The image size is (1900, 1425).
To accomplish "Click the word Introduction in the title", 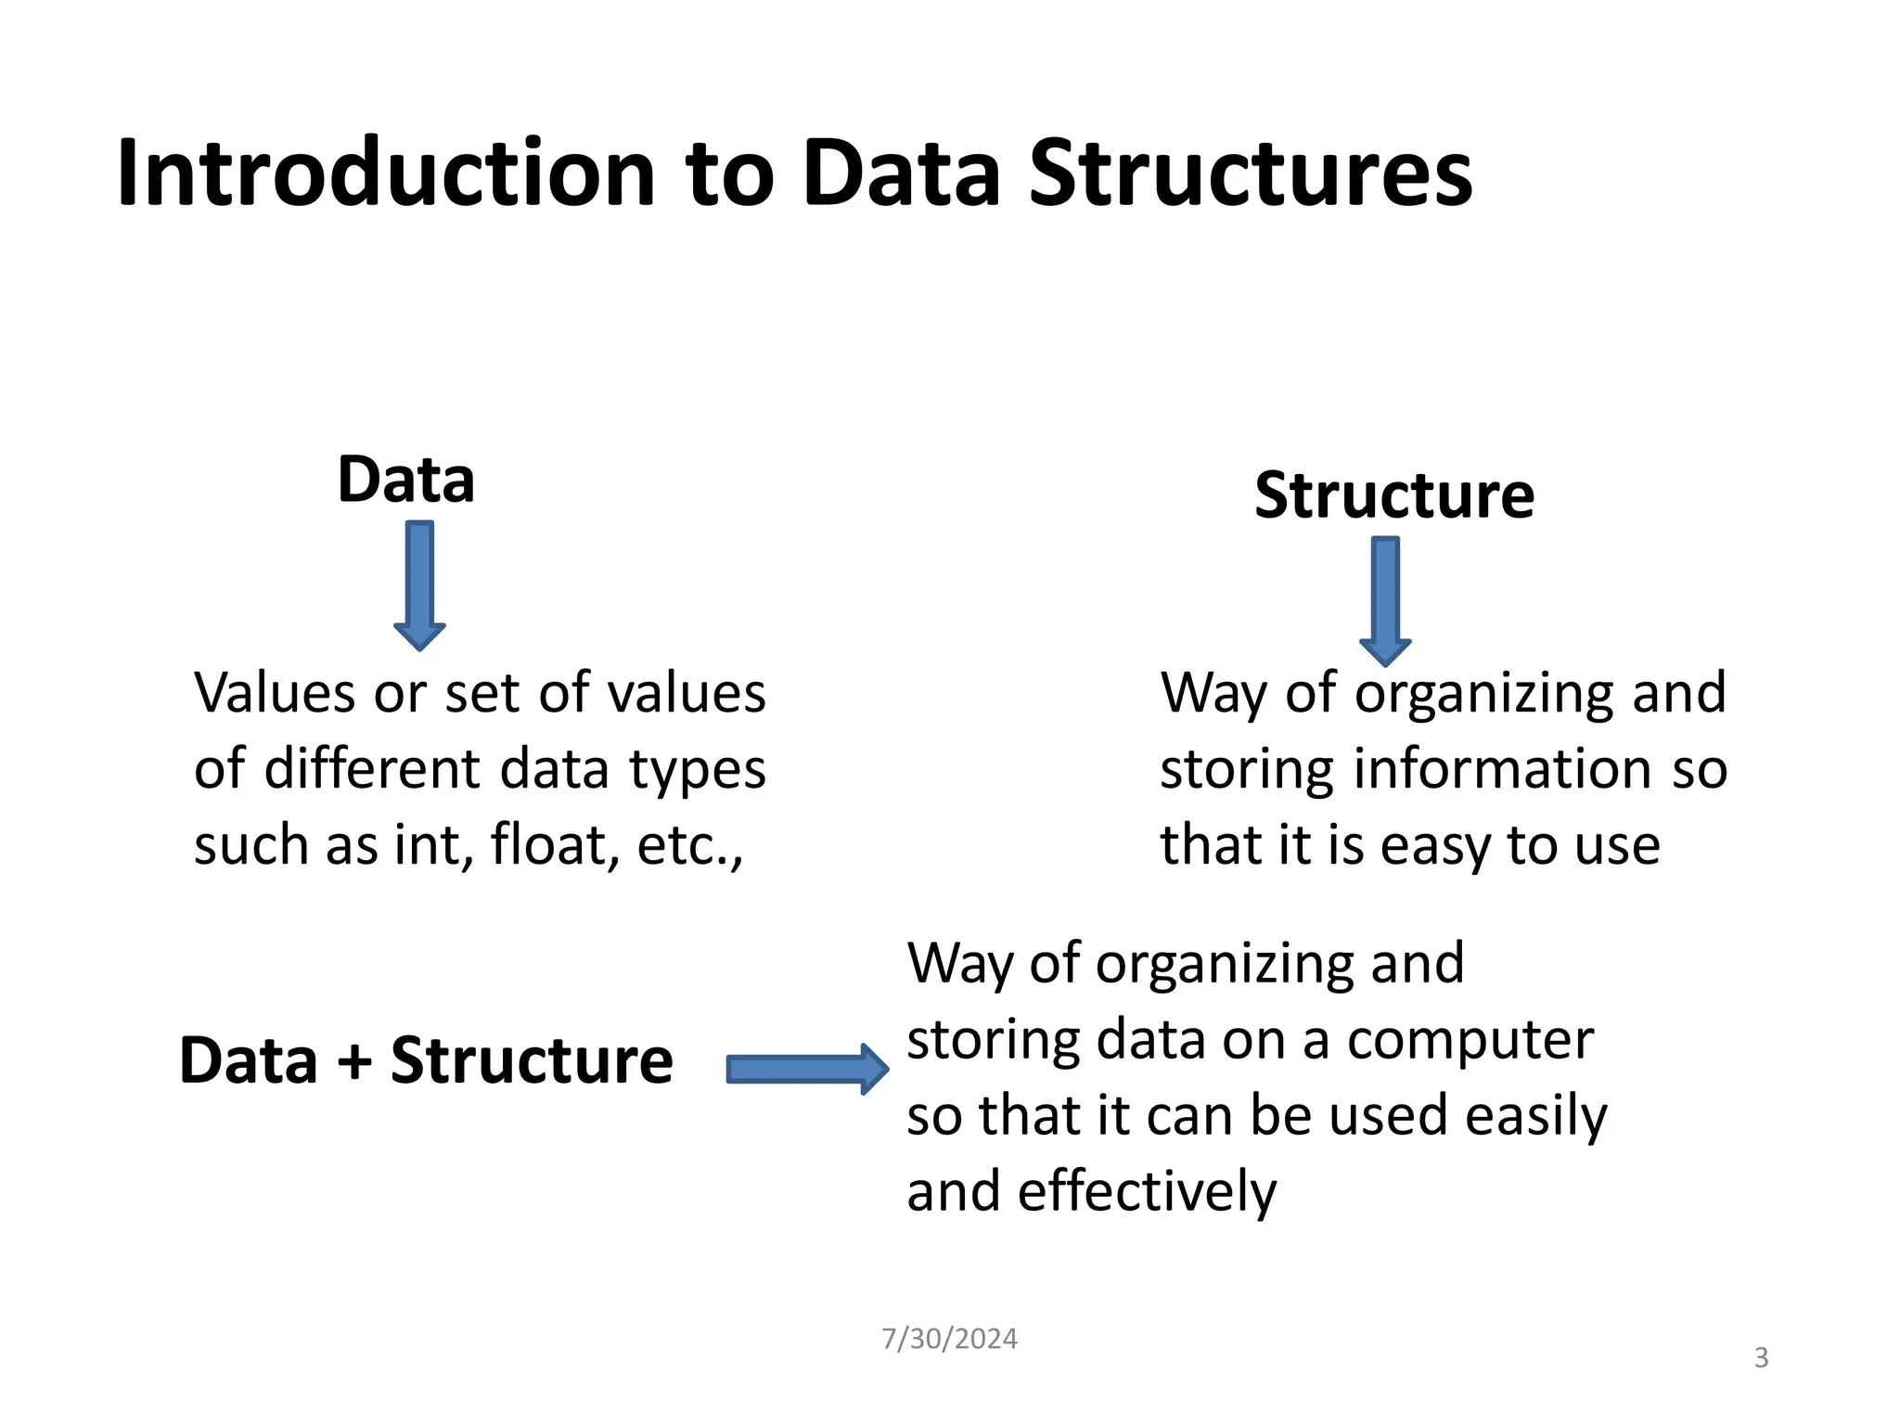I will click(386, 173).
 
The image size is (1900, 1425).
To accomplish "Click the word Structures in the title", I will click(1250, 173).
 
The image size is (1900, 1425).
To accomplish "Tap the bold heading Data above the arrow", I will click(405, 480).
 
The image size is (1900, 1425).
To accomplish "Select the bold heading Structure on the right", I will click(1393, 495).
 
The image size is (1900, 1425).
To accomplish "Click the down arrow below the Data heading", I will click(419, 584).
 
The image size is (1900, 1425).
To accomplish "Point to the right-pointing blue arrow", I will click(806, 1069).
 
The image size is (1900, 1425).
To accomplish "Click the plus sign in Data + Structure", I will click(353, 1060).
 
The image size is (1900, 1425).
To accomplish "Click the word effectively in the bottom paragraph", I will click(1147, 1192).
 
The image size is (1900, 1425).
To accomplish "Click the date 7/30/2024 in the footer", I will click(949, 1339).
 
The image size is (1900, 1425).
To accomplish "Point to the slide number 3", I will click(1761, 1358).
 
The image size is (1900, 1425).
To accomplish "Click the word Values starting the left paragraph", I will click(276, 693).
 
